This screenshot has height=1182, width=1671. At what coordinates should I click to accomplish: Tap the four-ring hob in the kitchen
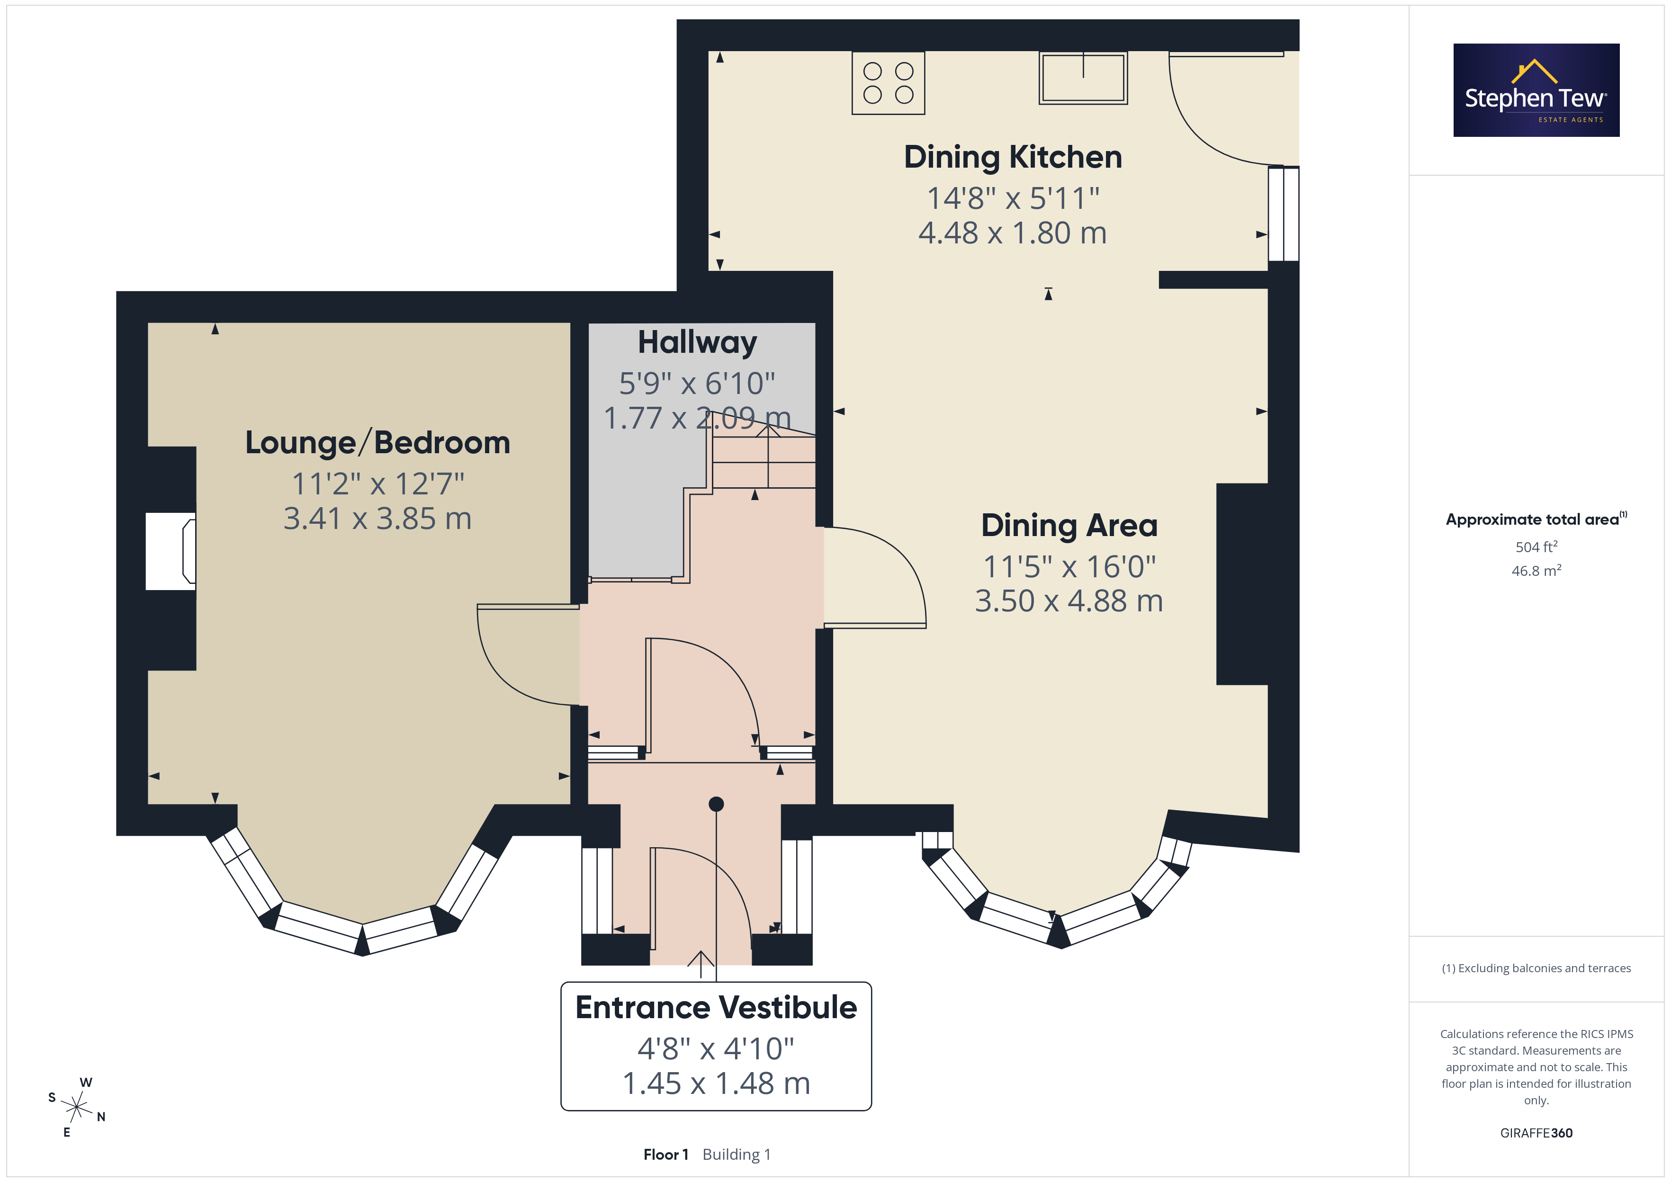pyautogui.click(x=888, y=83)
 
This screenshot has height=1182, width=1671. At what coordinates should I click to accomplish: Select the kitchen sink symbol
pyautogui.click(x=1083, y=78)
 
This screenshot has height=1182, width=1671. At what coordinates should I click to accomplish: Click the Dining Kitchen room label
pyautogui.click(x=1013, y=157)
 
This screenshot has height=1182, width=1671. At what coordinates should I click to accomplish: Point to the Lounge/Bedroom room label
pyautogui.click(x=377, y=442)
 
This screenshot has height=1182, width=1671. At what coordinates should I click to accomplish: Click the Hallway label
pyautogui.click(x=697, y=342)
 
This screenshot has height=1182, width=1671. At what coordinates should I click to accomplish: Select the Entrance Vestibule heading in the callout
pyautogui.click(x=716, y=1007)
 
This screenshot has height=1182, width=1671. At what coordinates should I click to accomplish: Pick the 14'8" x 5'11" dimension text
pyautogui.click(x=1013, y=198)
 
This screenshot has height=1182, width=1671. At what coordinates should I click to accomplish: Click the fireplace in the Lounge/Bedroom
pyautogui.click(x=171, y=551)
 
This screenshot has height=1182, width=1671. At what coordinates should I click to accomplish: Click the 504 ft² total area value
pyautogui.click(x=1536, y=546)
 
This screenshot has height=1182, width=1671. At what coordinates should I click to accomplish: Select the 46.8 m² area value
pyautogui.click(x=1536, y=571)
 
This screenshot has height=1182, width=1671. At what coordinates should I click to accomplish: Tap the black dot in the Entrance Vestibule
pyautogui.click(x=716, y=804)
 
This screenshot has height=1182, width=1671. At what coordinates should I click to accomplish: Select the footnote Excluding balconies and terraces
pyautogui.click(x=1536, y=968)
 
